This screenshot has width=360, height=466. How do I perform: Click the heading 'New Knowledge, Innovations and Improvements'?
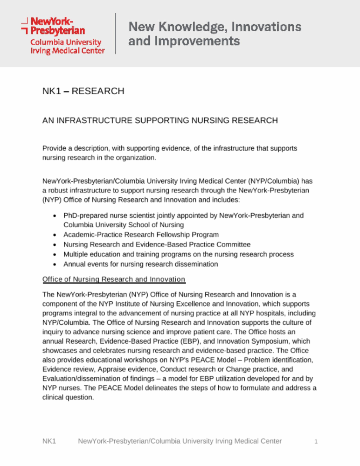(214, 34)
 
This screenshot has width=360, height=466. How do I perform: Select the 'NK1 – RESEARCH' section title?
(83, 91)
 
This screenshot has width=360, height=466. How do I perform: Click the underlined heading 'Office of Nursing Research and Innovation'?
(114, 279)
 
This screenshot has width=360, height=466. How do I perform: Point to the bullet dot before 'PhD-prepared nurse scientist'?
(54, 216)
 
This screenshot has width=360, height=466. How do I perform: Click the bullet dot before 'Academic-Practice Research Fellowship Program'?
(54, 235)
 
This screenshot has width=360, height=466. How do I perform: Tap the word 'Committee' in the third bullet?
(233, 244)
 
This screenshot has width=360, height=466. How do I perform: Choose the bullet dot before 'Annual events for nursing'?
(54, 264)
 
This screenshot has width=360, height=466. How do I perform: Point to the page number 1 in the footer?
(316, 441)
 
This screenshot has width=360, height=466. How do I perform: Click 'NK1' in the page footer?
(49, 441)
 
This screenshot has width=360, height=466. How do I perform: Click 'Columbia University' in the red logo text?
(66, 42)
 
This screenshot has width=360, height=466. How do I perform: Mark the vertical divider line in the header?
(116, 33)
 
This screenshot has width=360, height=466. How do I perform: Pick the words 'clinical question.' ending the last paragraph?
(68, 397)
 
